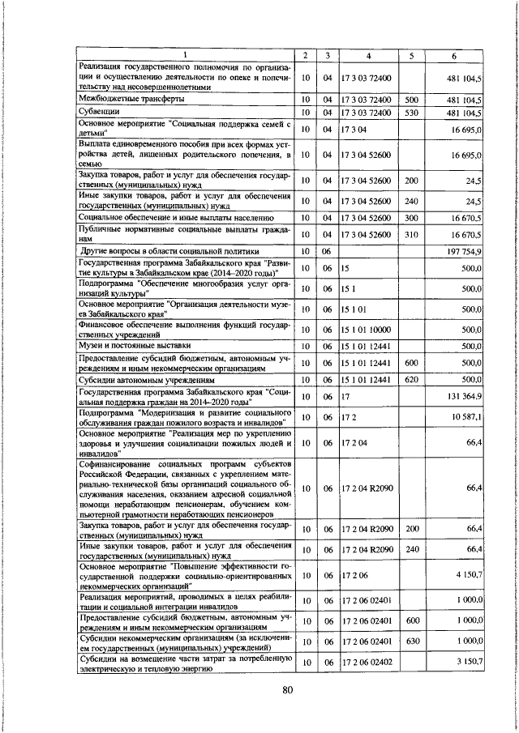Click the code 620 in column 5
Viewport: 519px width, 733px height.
[411, 379]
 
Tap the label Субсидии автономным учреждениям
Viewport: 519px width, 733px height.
[145, 379]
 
